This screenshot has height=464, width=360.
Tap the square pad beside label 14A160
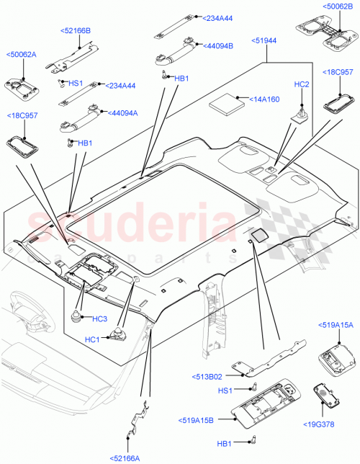coord(227,102)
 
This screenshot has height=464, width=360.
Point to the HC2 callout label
coord(302,85)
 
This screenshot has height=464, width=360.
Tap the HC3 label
coord(99,318)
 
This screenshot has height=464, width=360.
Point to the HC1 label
coord(92,340)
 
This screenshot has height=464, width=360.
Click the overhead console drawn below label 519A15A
coord(333,354)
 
